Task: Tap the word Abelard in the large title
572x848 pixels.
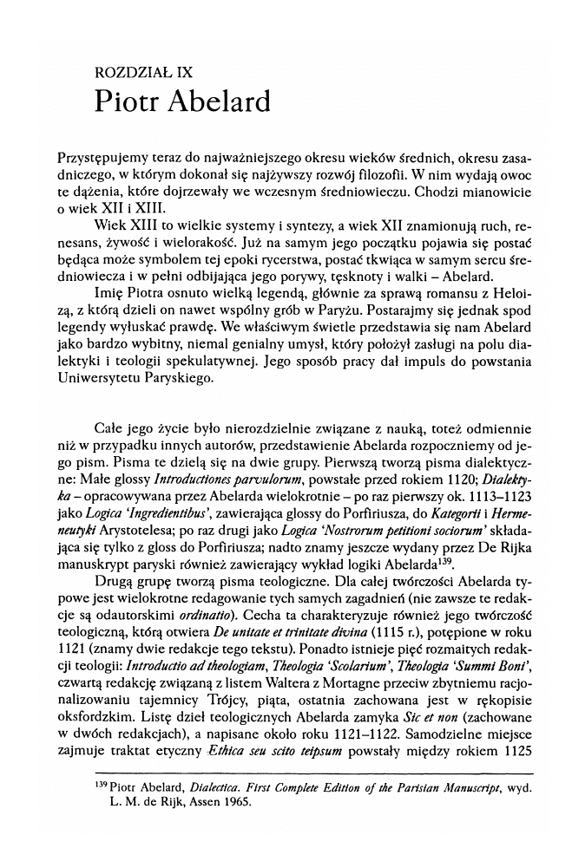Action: tap(222, 102)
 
